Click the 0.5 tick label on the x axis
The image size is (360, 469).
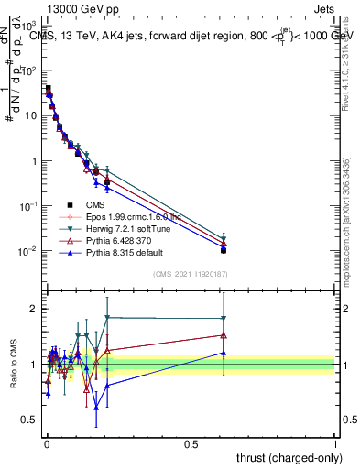(191, 444)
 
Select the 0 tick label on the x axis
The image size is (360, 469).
(47, 444)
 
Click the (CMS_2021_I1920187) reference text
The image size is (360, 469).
(191, 274)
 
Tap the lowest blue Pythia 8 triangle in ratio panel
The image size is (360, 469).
(95, 409)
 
